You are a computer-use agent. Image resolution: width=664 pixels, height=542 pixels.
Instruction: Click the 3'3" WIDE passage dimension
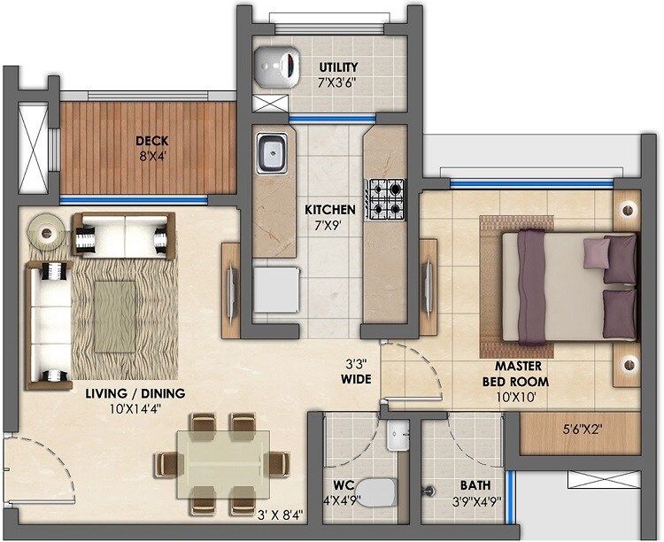[x=358, y=370]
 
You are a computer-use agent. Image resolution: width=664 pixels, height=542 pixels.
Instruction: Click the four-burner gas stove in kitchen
[x=385, y=198]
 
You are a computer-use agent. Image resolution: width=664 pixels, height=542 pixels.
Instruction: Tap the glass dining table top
[x=221, y=463]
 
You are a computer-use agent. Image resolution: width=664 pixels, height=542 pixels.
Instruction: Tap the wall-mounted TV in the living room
[x=230, y=288]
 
